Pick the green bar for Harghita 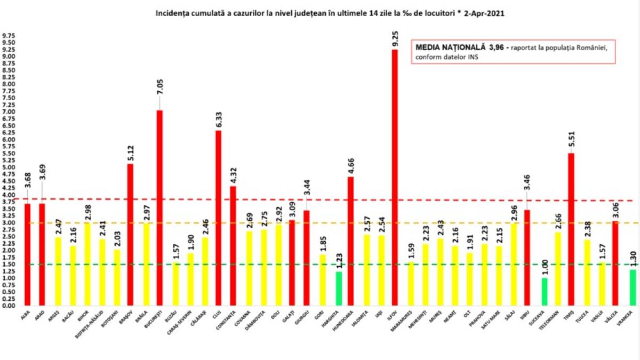click(x=338, y=289)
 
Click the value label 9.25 click(x=395, y=40)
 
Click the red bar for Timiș click(x=571, y=229)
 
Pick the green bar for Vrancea click(x=633, y=287)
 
